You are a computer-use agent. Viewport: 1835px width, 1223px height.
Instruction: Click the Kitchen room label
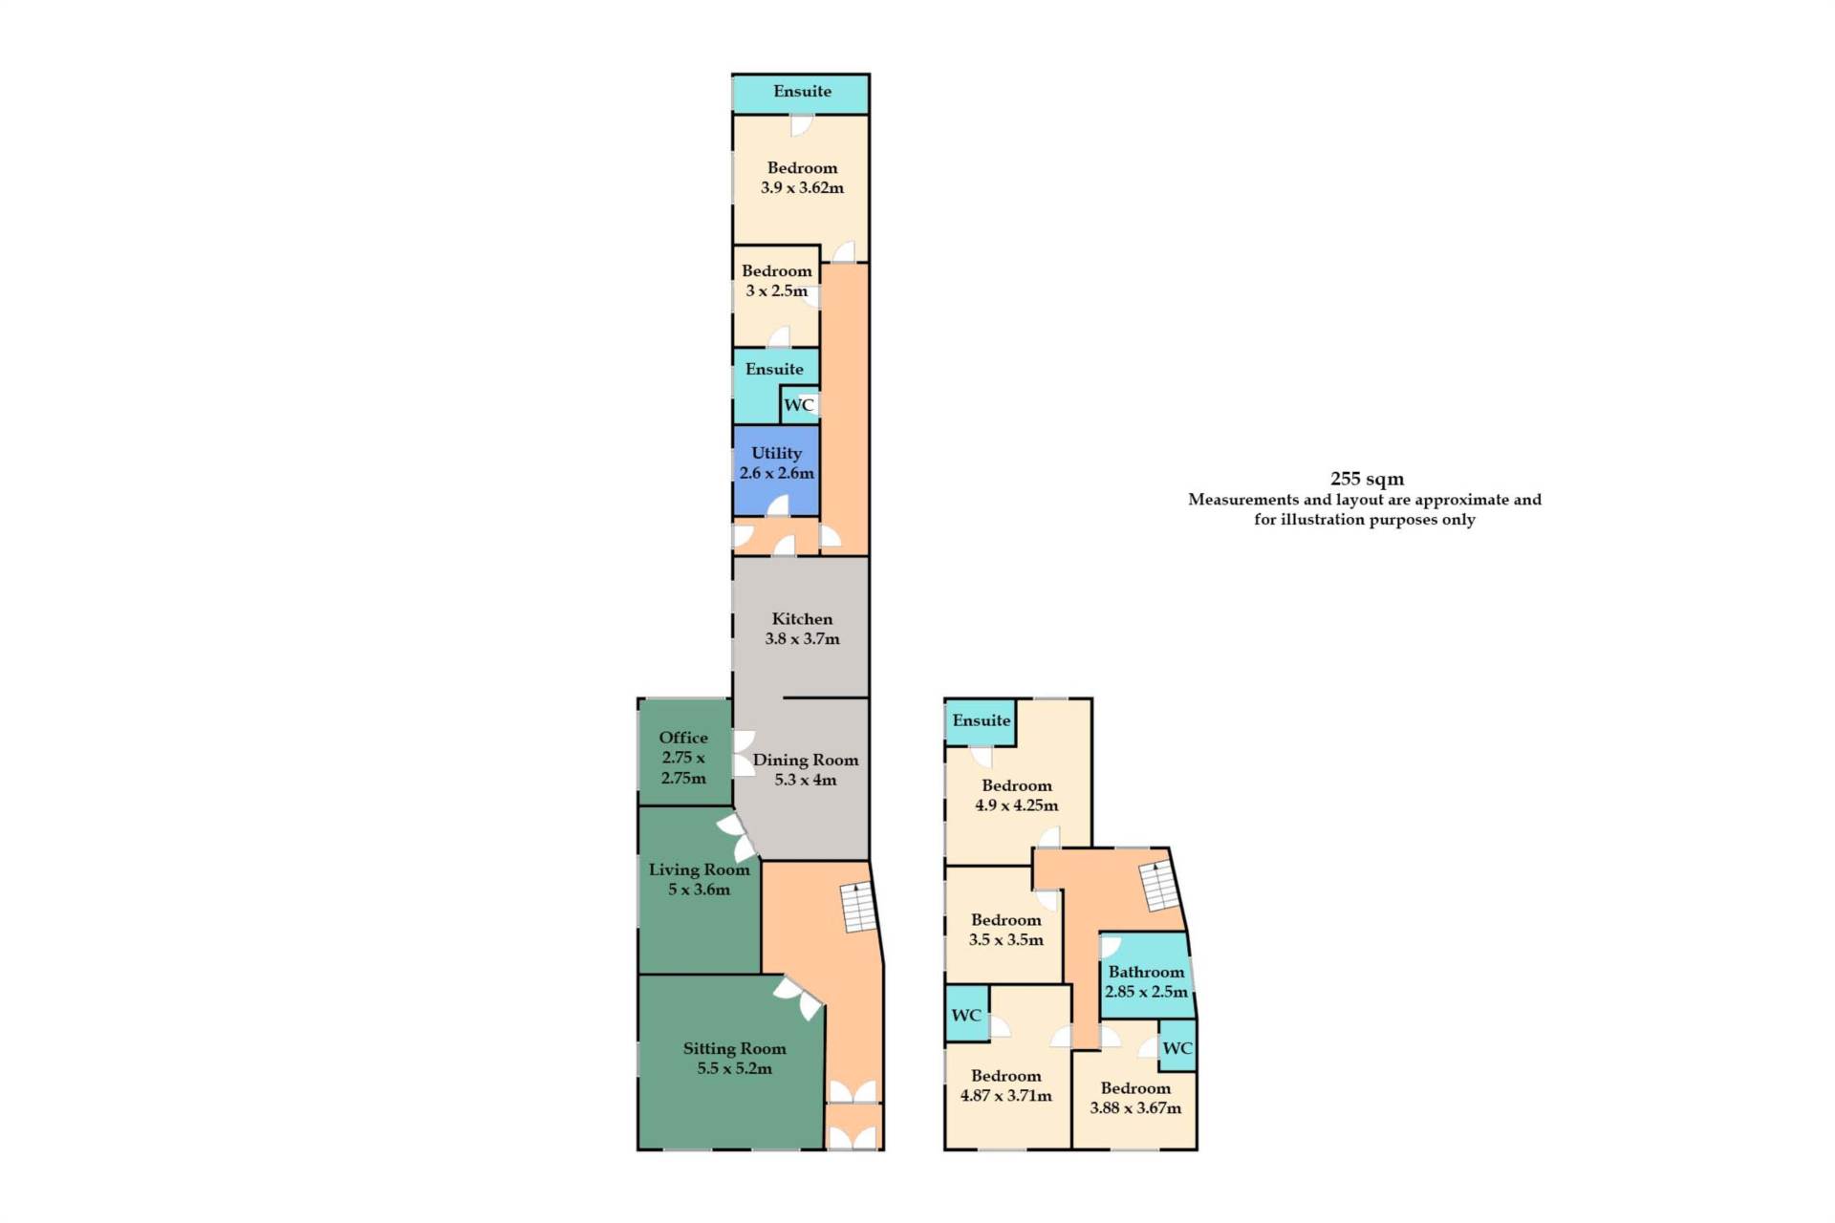802,619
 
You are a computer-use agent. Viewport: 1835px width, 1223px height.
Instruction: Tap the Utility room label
776,453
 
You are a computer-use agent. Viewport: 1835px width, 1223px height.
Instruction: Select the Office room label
683,738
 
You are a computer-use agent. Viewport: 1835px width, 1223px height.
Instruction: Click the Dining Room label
806,761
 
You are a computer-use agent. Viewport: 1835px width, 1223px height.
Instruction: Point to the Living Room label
699,870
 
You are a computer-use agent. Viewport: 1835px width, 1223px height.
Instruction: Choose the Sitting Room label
734,1049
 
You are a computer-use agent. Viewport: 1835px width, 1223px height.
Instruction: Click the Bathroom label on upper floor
1146,972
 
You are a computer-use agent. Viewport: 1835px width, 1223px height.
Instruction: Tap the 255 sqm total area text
1367,479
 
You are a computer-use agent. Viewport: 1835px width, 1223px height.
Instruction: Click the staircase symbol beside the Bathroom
1159,886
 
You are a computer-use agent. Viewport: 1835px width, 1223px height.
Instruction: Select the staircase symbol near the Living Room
858,908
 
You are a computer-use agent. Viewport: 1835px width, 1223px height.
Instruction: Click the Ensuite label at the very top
802,92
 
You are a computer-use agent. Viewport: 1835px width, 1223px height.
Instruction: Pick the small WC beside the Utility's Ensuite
799,405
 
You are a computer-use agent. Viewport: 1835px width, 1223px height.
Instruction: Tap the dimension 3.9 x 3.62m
802,188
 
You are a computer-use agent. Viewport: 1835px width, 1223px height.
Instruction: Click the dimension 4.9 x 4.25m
1016,805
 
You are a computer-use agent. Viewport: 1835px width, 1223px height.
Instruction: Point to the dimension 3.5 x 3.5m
1005,940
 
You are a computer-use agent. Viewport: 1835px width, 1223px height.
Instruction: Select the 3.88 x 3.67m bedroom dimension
1135,1108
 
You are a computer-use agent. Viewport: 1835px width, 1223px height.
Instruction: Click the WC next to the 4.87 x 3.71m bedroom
966,1015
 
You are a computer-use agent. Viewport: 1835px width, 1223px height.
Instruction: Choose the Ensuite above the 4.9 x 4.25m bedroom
981,720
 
